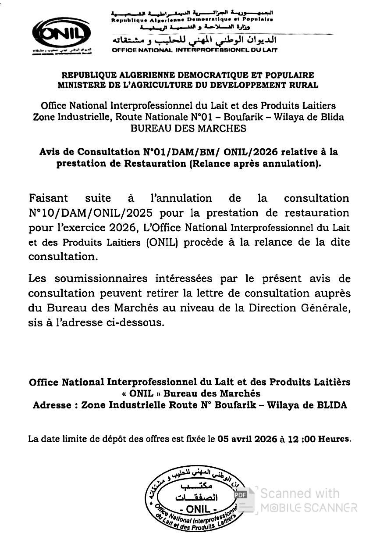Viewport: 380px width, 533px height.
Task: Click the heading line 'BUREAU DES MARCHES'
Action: click(188, 129)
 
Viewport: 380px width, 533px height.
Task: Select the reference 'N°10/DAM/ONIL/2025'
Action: click(91, 213)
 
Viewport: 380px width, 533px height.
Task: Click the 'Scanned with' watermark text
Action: click(300, 493)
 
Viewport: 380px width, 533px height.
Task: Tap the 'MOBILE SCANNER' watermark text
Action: click(309, 508)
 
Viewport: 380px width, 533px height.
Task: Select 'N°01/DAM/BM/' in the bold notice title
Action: click(176, 152)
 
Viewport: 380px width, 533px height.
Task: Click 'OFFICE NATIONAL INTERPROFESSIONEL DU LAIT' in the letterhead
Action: click(195, 50)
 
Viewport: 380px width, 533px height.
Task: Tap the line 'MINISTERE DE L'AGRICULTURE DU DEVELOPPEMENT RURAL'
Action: click(188, 85)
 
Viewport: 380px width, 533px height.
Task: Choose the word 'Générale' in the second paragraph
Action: click(324, 308)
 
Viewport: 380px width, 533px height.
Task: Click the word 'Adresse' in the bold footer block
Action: click(52, 405)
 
